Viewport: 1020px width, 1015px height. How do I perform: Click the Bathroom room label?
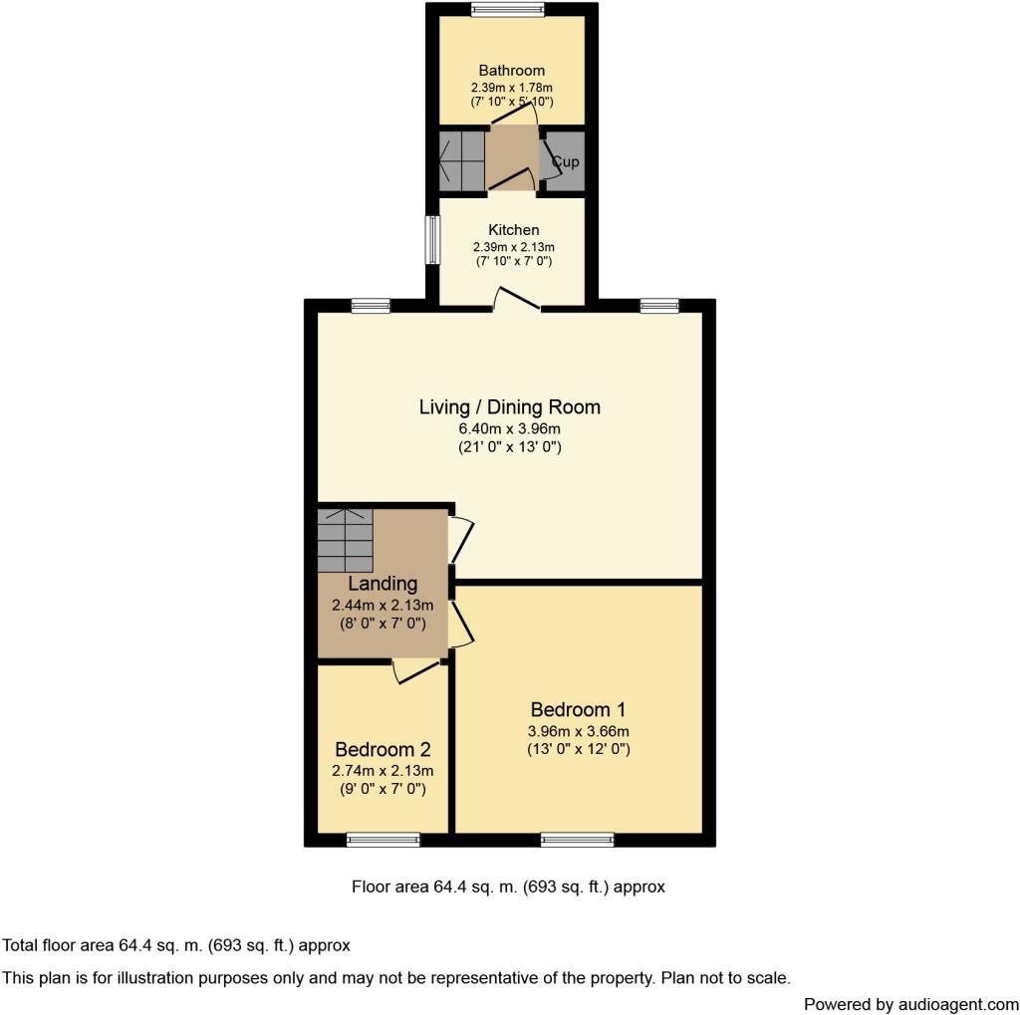coord(512,71)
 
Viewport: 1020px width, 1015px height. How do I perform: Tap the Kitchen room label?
coord(514,230)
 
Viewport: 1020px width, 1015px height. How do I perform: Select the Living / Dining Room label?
coord(509,406)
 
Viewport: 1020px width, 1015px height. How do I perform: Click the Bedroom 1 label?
coord(578,710)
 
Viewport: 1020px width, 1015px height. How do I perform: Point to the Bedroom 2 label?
coord(382,750)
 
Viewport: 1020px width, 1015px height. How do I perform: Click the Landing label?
coord(382,584)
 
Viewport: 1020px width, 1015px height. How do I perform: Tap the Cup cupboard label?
coord(565,161)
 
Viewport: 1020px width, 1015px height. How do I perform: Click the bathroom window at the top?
coord(508,11)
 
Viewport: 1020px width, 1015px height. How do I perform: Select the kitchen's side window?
coord(433,240)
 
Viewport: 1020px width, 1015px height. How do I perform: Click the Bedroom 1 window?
coord(578,840)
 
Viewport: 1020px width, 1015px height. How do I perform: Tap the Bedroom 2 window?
coord(383,840)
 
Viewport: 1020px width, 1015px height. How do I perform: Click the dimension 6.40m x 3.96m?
coord(509,429)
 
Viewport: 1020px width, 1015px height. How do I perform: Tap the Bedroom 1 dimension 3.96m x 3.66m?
coord(578,732)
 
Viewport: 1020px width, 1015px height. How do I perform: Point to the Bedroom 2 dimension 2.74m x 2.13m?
coord(382,771)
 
